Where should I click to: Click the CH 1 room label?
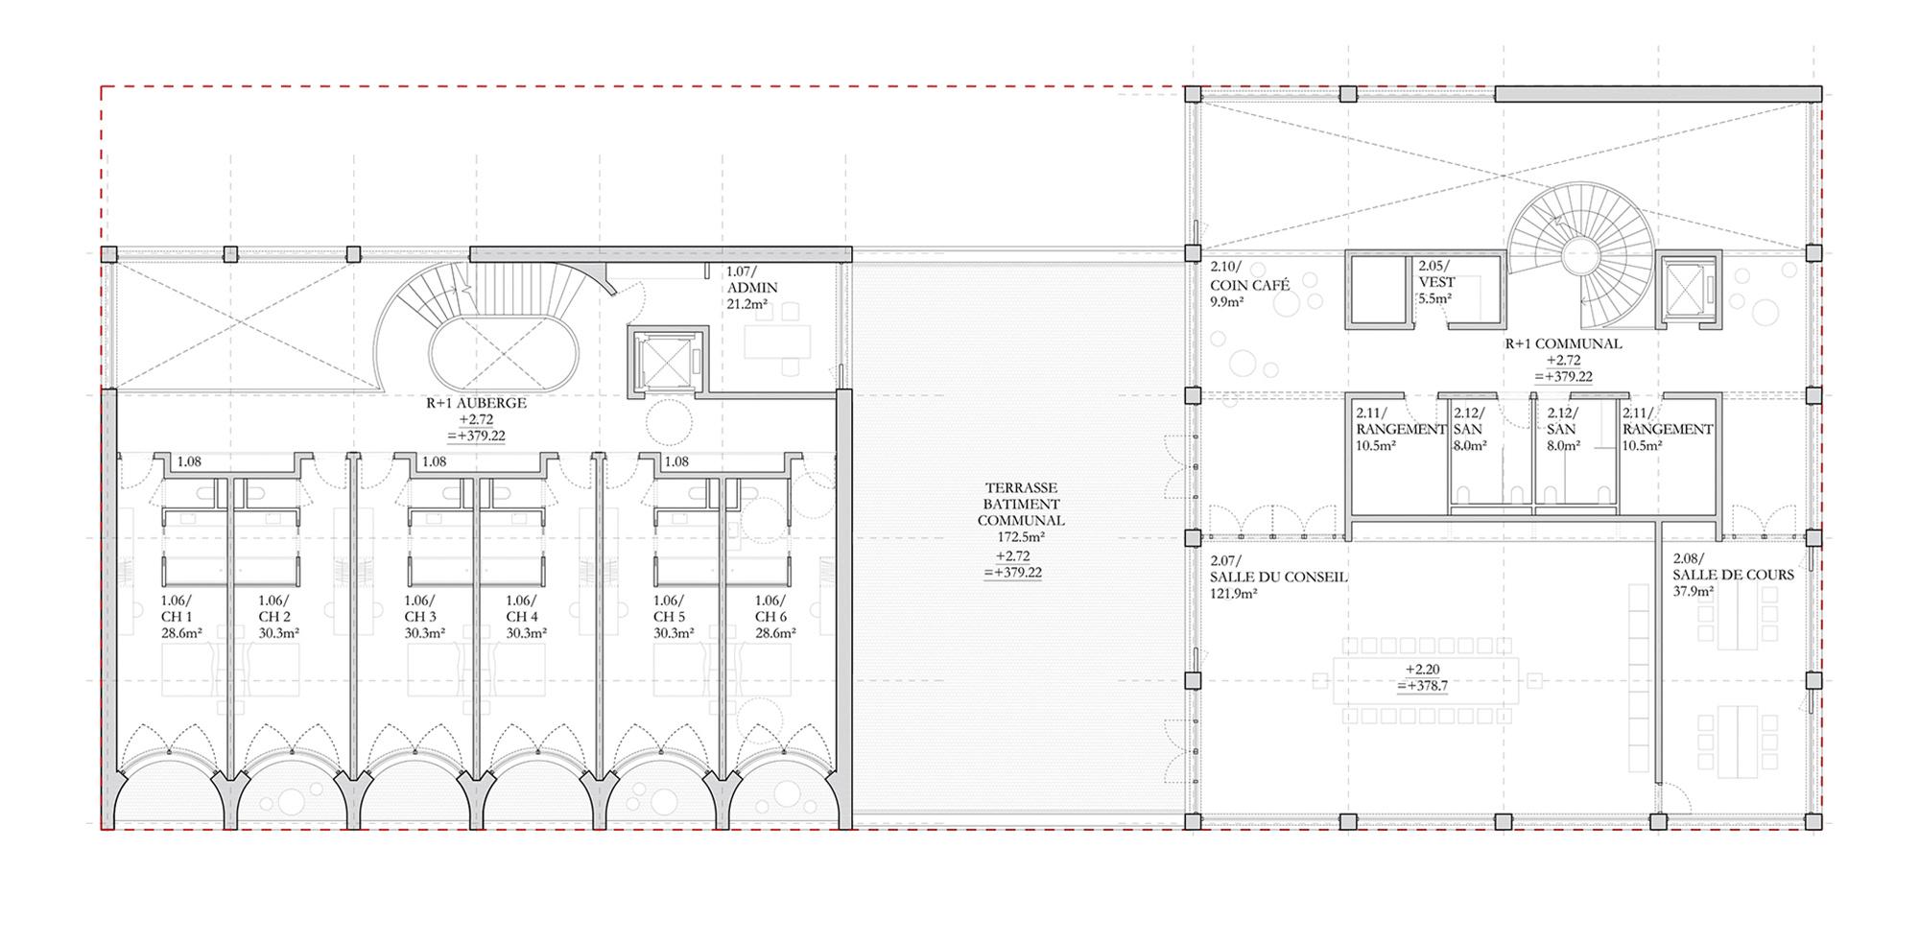[x=177, y=617]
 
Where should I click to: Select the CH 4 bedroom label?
[x=522, y=617]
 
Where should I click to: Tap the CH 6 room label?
[x=770, y=617]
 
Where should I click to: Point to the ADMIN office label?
[x=752, y=288]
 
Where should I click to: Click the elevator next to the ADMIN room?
[x=666, y=359]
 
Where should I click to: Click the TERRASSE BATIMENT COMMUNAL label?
[x=1020, y=504]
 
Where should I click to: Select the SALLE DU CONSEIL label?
[x=1279, y=578]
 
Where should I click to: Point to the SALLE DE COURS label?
[x=1733, y=575]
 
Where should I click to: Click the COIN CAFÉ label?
[x=1248, y=284]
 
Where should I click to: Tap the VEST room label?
[x=1436, y=282]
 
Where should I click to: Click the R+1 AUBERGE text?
[x=476, y=403]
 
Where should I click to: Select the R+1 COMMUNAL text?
[x=1563, y=343]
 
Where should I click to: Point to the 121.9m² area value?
[x=1234, y=594]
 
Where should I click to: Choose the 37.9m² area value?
[x=1693, y=591]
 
